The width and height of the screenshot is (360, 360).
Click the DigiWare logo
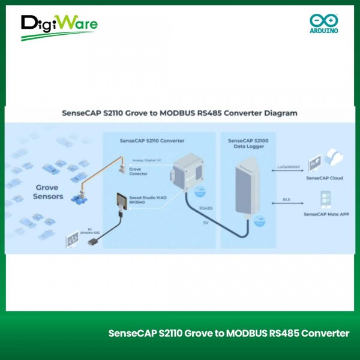tap(59, 26)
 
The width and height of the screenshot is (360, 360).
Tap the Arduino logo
tap(324, 23)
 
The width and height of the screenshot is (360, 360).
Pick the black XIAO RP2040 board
tap(122, 200)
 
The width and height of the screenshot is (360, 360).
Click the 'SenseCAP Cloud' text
tap(324, 178)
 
